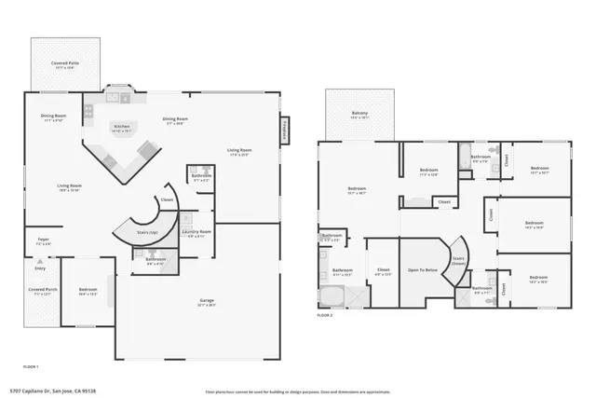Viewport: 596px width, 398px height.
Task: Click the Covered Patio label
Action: (64, 65)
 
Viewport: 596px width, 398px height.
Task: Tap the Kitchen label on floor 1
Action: (121, 128)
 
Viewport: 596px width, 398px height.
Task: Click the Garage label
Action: (207, 302)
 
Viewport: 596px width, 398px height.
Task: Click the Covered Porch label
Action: (39, 291)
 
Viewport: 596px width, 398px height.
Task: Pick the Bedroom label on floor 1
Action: (88, 291)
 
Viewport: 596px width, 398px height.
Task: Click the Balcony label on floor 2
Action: (359, 115)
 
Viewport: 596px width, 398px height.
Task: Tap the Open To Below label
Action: (424, 270)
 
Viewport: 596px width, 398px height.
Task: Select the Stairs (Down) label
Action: (458, 260)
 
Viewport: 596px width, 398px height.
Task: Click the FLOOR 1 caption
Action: (31, 366)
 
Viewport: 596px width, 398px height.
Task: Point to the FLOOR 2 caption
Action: (324, 316)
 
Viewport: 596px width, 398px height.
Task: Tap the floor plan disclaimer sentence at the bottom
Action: (284, 391)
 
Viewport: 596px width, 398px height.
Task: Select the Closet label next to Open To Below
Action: (383, 272)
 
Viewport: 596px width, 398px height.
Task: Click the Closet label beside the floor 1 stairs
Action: (167, 199)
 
